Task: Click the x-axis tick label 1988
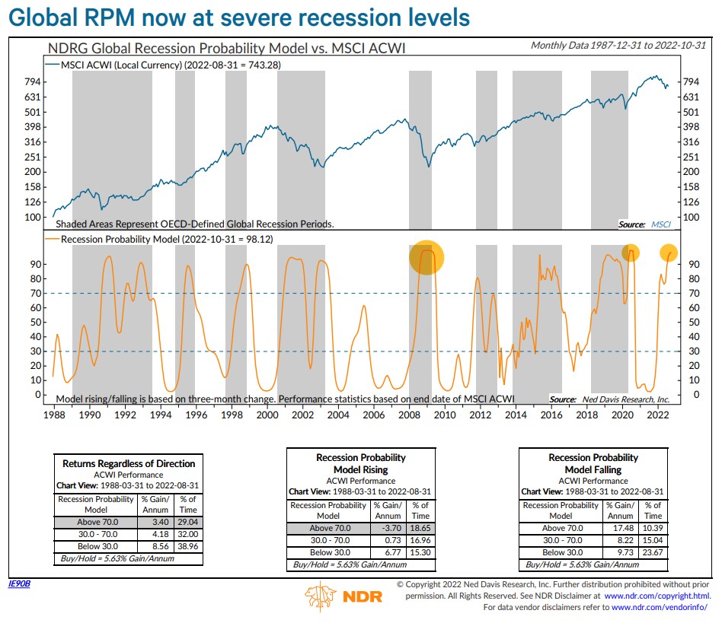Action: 54,415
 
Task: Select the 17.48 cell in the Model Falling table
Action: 621,528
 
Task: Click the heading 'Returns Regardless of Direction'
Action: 129,463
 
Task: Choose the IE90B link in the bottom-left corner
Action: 18,584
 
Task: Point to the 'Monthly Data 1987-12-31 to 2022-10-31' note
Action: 618,46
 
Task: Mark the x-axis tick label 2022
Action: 657,415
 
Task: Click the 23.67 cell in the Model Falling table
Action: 653,552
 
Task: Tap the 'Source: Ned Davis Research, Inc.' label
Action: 609,399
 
